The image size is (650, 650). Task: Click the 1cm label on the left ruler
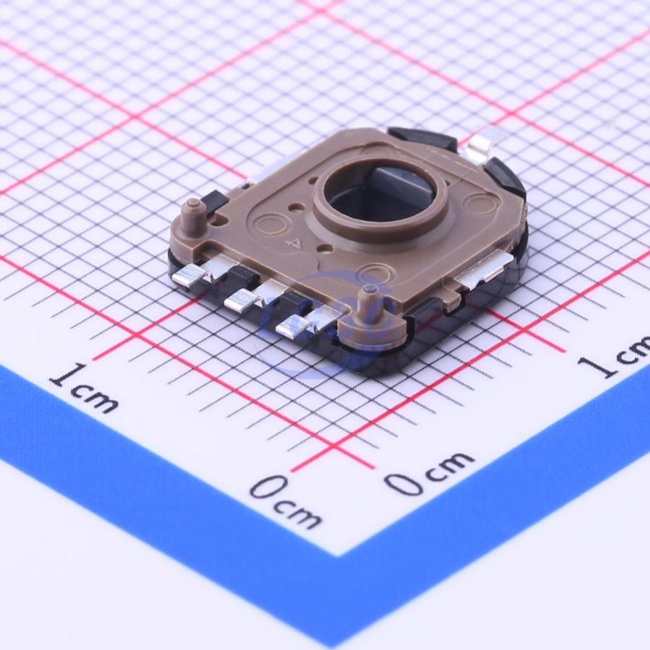pyautogui.click(x=83, y=388)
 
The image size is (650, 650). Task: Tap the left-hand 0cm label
pyautogui.click(x=285, y=502)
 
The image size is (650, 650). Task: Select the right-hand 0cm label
pyautogui.click(x=428, y=472)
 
